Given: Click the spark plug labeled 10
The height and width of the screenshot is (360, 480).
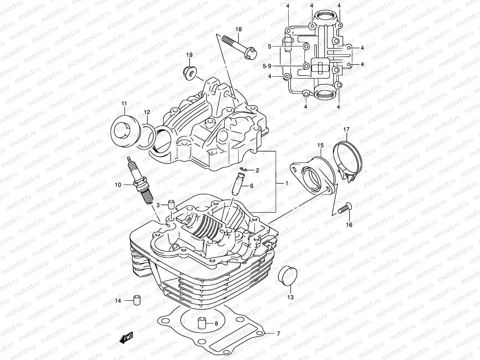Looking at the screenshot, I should coord(141,181).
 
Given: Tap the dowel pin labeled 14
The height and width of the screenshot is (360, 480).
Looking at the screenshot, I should coord(137,300).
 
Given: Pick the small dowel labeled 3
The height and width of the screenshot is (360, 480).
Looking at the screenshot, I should coord(171,205).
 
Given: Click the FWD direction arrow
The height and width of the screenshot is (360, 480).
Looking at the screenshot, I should coord(127,339).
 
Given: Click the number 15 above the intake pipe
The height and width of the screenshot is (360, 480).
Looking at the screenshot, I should coord(320,145).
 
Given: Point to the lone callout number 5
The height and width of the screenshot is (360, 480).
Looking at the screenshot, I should coord(269,46).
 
